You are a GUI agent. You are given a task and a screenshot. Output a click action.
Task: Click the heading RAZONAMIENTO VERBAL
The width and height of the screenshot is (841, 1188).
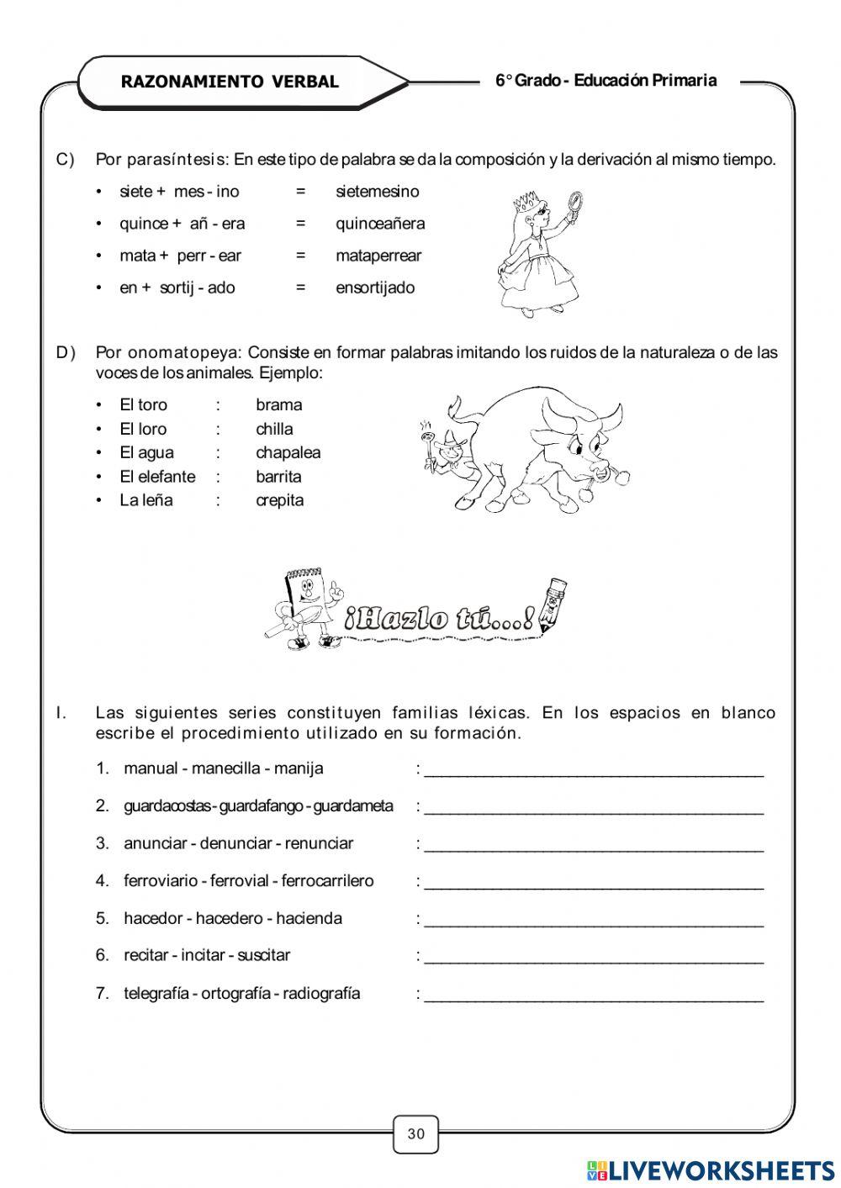tap(230, 82)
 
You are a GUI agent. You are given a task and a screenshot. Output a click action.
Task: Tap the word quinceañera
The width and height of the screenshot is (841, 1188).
tap(380, 224)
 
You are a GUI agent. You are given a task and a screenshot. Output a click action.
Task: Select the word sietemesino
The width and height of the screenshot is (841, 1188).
tap(377, 192)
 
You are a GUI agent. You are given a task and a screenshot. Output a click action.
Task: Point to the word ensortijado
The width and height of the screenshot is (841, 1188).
tap(375, 288)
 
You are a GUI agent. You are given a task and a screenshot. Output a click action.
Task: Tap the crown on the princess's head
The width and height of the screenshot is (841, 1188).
tap(526, 202)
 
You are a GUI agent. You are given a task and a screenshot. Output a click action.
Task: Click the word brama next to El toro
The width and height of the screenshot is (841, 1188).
tap(278, 404)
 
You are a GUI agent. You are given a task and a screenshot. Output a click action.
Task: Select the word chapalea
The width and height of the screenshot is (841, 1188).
tap(288, 452)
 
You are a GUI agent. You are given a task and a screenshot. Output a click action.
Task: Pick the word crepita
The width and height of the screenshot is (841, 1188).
tap(279, 500)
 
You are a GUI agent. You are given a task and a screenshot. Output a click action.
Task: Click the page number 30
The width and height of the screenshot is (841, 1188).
tap(416, 1133)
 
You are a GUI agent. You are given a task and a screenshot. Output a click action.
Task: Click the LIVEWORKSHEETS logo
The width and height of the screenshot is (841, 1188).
tap(711, 1170)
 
